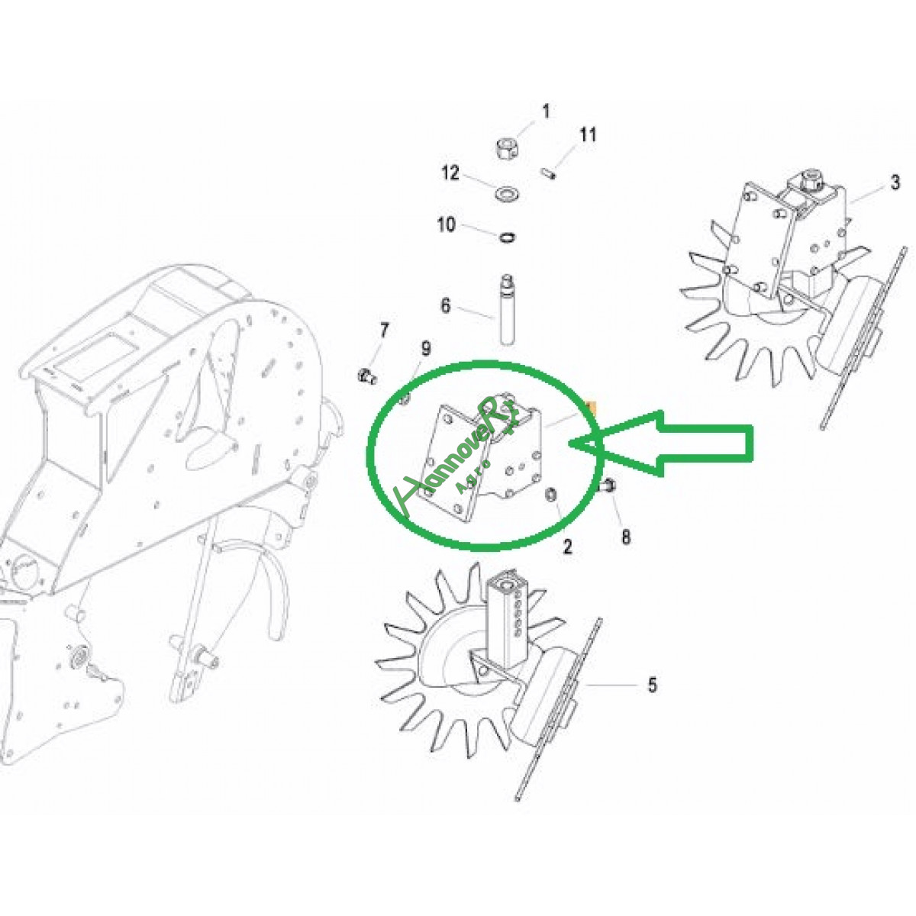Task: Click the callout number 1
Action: point(547,111)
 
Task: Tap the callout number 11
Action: point(587,134)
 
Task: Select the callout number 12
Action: point(450,173)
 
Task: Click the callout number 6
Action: point(445,305)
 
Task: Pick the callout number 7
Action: point(384,330)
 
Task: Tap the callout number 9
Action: point(425,349)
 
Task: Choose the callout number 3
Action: point(895,182)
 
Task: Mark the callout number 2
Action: point(568,547)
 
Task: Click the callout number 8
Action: point(626,537)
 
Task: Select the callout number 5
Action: point(652,685)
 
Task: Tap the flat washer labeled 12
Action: point(507,194)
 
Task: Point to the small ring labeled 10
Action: point(508,237)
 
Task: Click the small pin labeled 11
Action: point(549,173)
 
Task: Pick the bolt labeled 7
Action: point(367,376)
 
